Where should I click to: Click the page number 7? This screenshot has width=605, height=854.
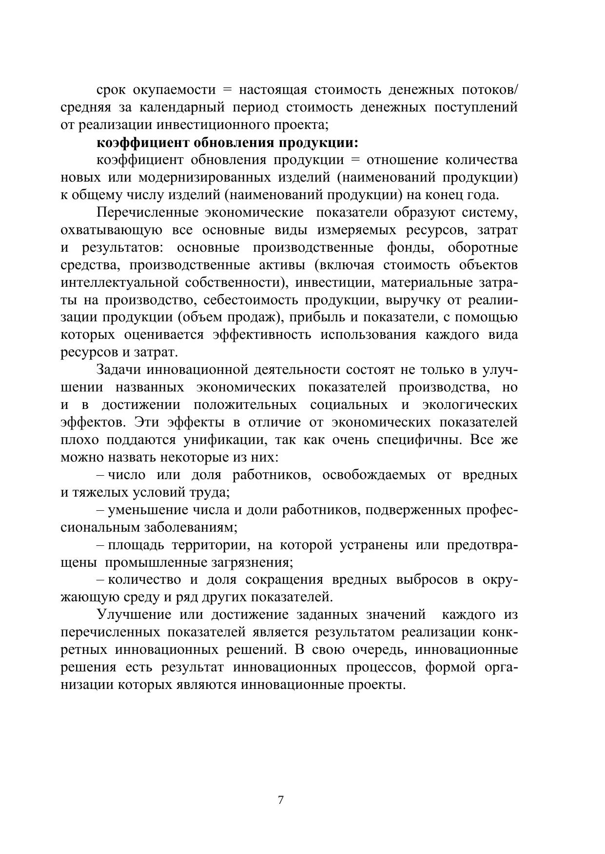pyautogui.click(x=280, y=800)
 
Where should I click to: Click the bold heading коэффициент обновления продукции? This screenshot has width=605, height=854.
pyautogui.click(x=227, y=143)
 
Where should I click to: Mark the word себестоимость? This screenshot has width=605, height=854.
pyautogui.click(x=244, y=300)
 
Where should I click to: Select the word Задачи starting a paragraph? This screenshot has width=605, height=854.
pyautogui.click(x=117, y=370)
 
